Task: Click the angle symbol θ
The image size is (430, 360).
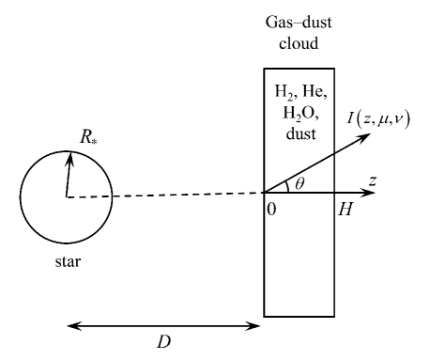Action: [301, 184]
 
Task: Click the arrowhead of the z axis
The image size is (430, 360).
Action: [374, 193]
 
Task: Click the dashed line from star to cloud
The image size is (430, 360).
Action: [188, 195]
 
